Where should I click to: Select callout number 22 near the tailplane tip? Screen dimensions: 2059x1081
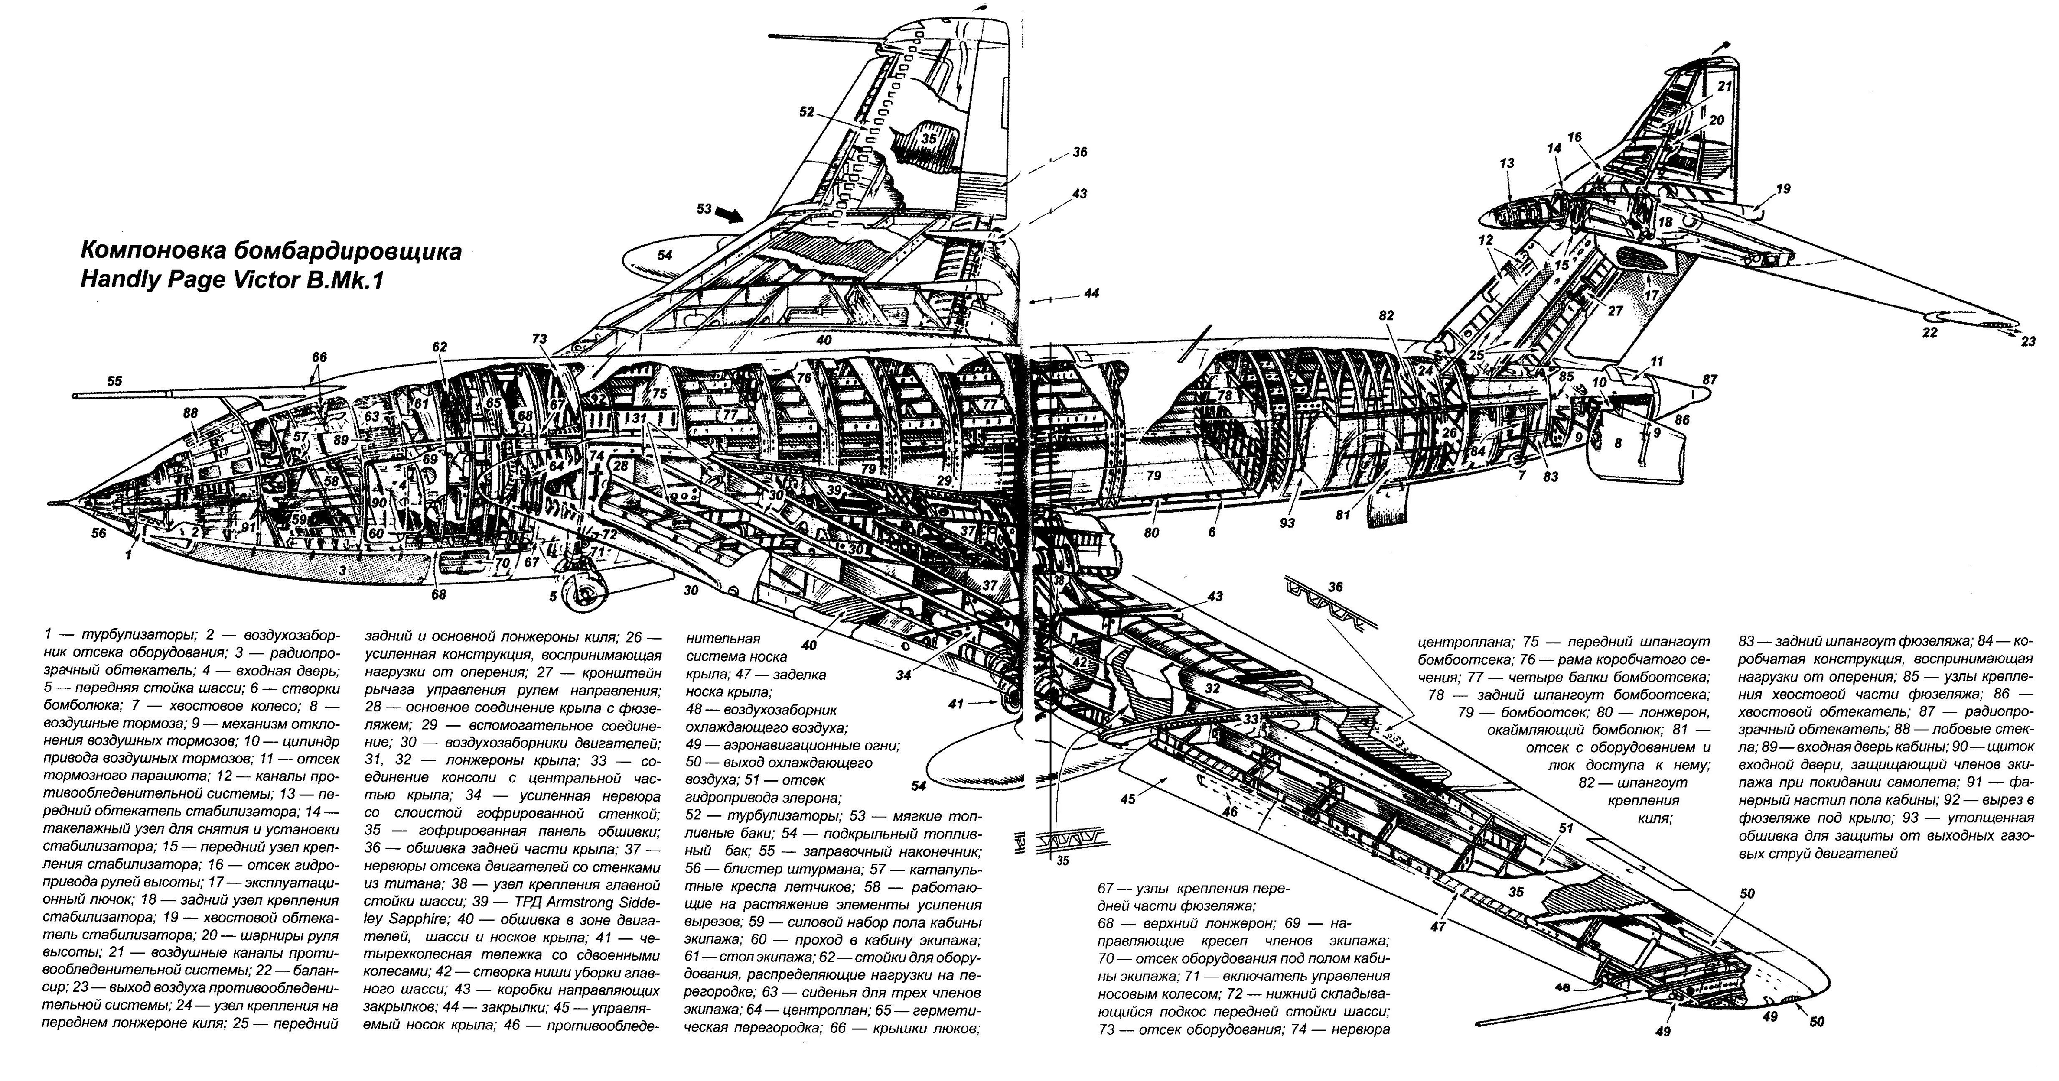[x=1929, y=332]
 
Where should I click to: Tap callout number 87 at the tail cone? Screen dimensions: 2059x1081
[x=1710, y=380]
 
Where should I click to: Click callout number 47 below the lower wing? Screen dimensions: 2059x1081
[x=1440, y=927]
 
